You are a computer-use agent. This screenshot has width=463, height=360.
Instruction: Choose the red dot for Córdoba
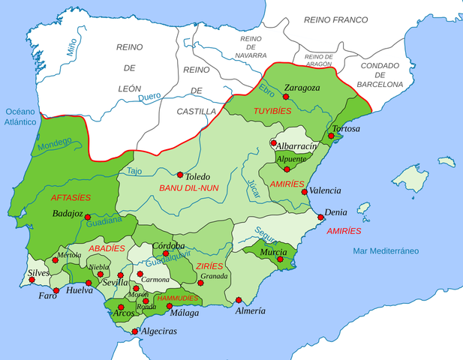pyautogui.click(x=165, y=253)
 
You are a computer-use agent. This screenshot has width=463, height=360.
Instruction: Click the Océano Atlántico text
pyautogui.click(x=20, y=115)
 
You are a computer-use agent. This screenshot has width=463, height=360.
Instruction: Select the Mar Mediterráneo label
pyautogui.click(x=386, y=250)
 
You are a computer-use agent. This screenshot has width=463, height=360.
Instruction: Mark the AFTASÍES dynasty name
pyautogui.click(x=71, y=198)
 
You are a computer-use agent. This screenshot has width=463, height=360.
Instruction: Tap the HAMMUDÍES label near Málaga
pyautogui.click(x=177, y=297)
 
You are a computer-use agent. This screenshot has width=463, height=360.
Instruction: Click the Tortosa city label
pyautogui.click(x=347, y=129)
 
